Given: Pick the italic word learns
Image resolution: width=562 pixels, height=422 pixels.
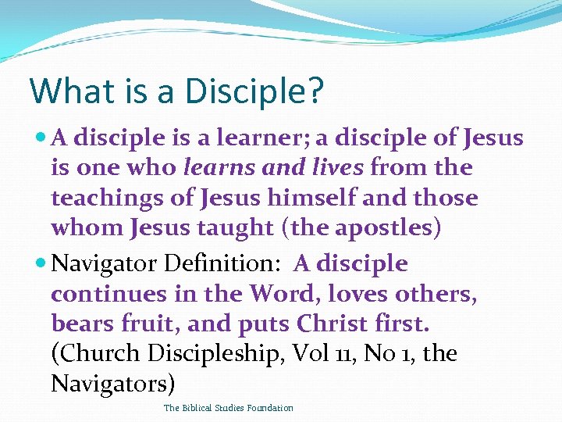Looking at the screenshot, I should (x=213, y=167).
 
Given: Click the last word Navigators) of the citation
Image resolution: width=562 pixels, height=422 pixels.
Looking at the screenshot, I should (x=113, y=384).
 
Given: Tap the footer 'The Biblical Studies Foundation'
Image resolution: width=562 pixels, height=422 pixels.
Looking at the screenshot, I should (x=229, y=408).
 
